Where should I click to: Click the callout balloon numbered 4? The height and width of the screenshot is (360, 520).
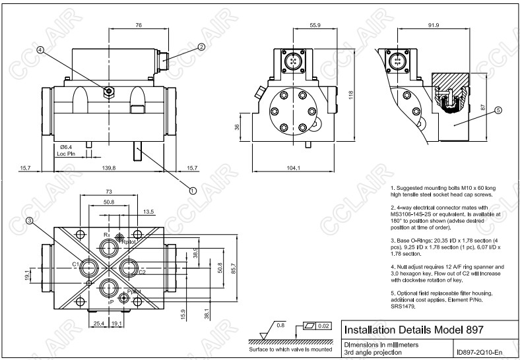(41, 49)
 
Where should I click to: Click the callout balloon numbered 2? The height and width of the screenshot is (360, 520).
(201, 47)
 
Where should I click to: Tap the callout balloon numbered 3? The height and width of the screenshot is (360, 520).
(30, 220)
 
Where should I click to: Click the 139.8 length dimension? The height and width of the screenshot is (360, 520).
(109, 169)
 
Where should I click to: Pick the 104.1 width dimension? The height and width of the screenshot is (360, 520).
(294, 169)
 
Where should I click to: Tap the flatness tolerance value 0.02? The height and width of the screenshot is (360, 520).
(323, 326)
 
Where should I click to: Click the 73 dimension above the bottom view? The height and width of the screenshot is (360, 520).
(109, 191)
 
